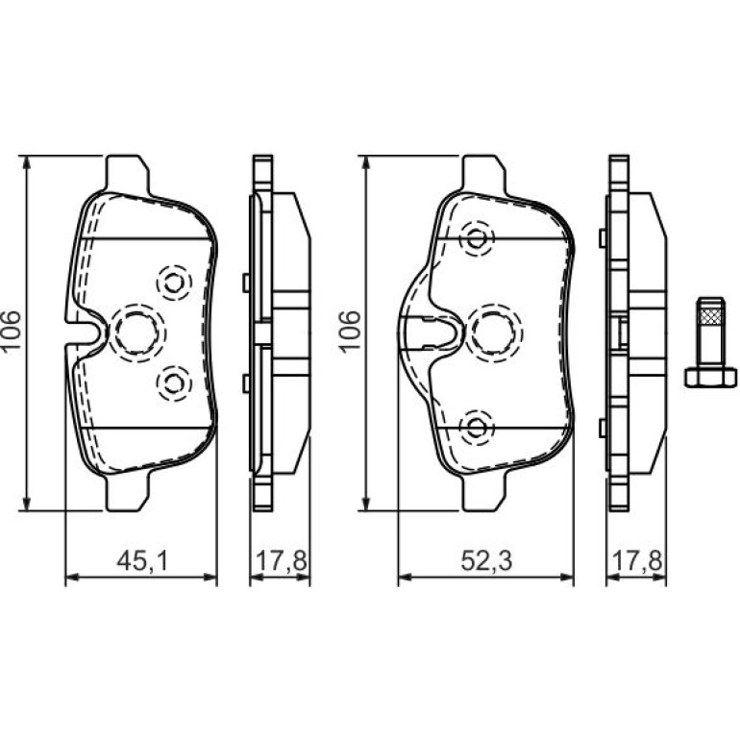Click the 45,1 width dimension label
click(x=141, y=561)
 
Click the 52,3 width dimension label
click(x=486, y=561)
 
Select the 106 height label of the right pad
click(x=350, y=332)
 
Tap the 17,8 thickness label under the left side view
click(x=282, y=561)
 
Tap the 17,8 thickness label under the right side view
click(x=636, y=561)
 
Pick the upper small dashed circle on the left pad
click(x=174, y=283)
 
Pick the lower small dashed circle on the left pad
click(x=174, y=382)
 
